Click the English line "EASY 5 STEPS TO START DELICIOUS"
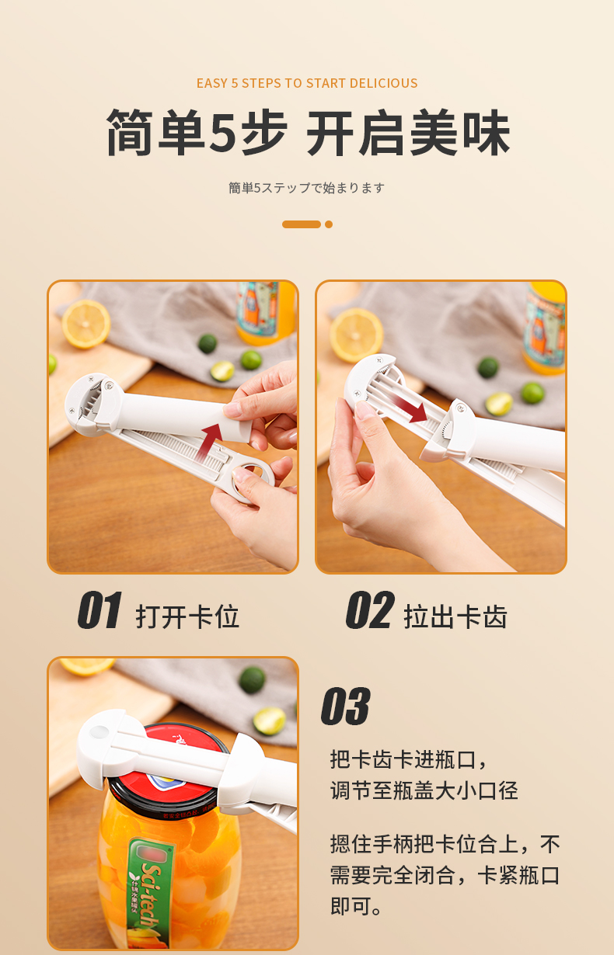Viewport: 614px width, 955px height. pos(307,83)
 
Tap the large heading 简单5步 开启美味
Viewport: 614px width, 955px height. pos(308,133)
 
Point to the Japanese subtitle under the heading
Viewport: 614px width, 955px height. pos(306,188)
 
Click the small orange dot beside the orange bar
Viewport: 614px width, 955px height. pos(329,224)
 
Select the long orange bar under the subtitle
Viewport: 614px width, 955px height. pos(302,224)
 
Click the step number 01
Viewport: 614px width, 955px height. pos(99,609)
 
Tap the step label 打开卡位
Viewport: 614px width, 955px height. pos(187,616)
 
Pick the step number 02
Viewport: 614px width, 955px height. pos(370,609)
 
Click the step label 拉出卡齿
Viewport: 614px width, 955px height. pos(455,616)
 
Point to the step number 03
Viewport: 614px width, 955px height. pos(345,706)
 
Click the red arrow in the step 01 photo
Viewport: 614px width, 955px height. pos(210,442)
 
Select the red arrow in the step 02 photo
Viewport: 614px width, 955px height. pos(410,407)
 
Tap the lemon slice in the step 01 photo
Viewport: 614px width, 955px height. pos(85,324)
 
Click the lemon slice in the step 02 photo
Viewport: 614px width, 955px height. pos(356,335)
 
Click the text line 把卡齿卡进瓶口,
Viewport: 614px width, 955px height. pos(408,760)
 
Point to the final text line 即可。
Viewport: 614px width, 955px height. pos(356,906)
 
